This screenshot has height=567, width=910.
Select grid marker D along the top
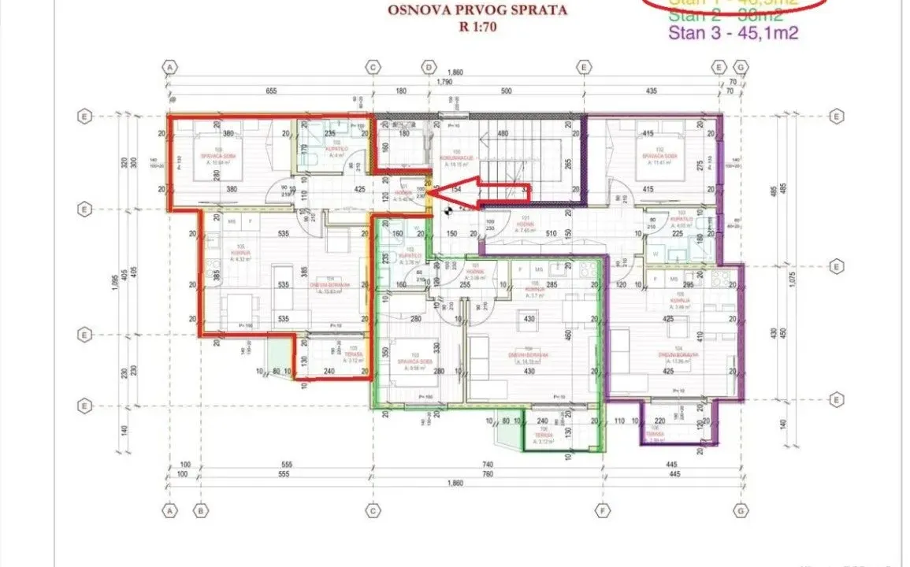tap(429, 68)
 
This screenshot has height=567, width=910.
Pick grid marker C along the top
tap(373, 68)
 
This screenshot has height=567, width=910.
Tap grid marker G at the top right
tap(741, 68)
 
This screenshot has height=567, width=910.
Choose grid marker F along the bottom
tap(604, 511)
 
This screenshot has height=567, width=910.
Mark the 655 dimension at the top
tap(271, 91)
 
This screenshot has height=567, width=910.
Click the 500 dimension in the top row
tap(506, 91)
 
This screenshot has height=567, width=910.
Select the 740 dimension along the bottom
tap(488, 465)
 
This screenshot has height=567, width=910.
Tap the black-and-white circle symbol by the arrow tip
tap(448, 209)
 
